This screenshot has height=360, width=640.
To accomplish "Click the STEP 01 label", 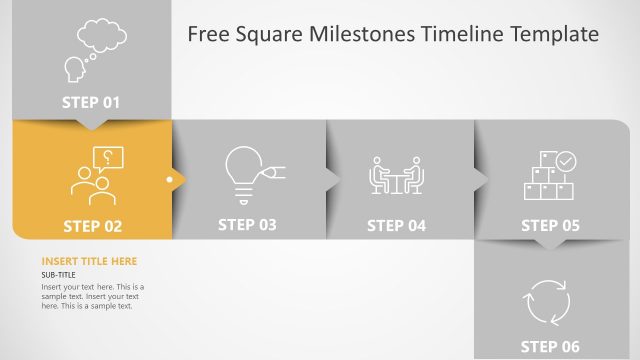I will point(91,101).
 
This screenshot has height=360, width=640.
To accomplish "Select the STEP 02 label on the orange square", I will point(92,226).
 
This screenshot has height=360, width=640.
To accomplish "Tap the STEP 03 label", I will point(247,225).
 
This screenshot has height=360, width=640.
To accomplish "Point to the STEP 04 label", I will point(396,226).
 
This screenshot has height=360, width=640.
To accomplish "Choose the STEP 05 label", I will point(550,226).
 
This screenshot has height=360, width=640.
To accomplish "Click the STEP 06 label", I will point(550,346).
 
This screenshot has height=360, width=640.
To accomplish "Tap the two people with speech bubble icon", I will point(95,175).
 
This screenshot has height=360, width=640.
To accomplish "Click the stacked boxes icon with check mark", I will point(549,175).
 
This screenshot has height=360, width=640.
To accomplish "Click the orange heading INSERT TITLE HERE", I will point(89,262).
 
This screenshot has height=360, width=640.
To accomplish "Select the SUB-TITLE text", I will point(58,275).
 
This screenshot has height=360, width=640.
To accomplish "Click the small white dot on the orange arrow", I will point(170,181).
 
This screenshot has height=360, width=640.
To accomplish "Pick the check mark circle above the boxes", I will point(566,159).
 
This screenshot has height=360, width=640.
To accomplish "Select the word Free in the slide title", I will point(209,35).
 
